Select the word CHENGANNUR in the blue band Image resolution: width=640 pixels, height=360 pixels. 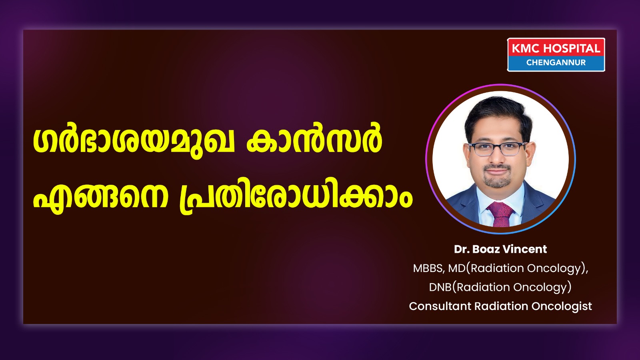tap(556, 62)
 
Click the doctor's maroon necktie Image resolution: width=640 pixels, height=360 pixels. tap(500, 214)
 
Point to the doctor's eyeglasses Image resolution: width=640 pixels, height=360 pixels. tap(498, 149)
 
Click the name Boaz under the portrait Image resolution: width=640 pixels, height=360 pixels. tap(486, 249)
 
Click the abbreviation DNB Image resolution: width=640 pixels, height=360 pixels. tap(440, 287)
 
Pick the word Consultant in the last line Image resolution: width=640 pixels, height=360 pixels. tap(440, 306)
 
